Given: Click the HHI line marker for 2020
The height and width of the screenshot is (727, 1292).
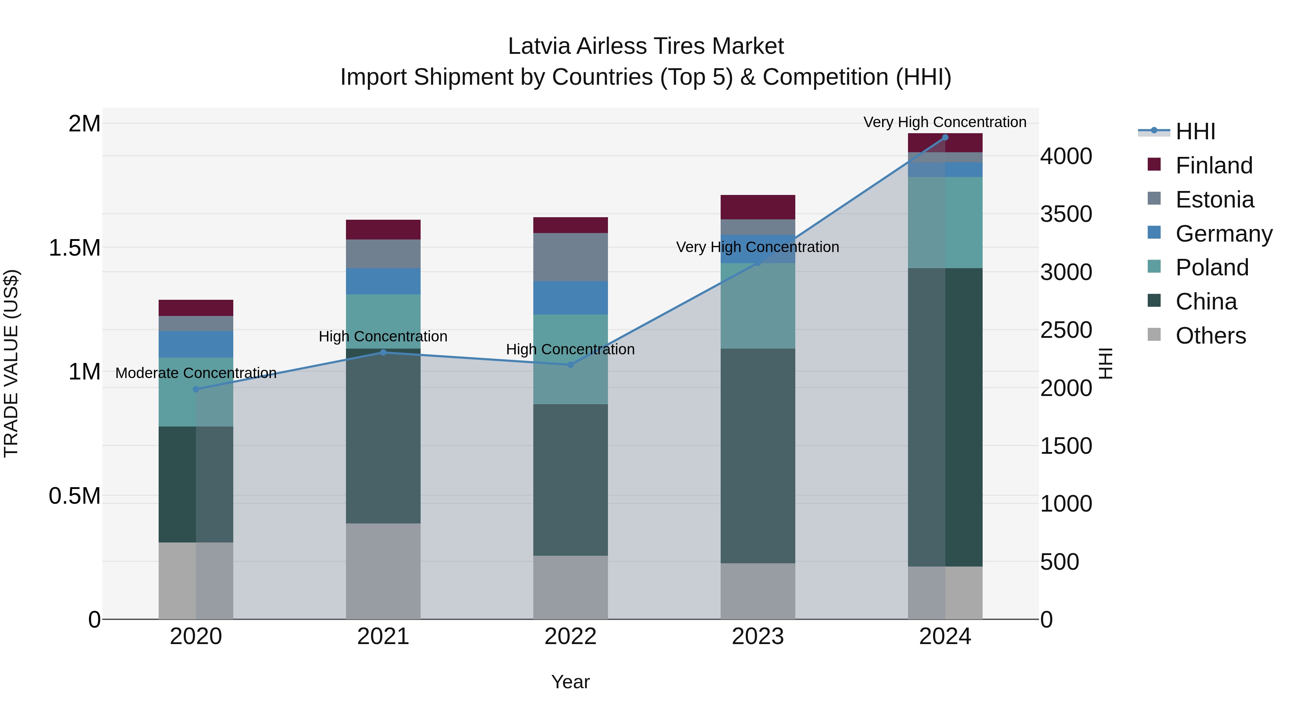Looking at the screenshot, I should [x=196, y=389].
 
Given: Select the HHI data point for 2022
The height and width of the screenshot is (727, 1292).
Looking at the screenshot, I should [x=570, y=365].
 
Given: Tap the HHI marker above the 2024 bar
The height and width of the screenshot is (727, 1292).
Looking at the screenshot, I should [x=945, y=137].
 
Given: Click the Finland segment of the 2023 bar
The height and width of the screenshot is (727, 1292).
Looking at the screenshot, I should [x=758, y=207].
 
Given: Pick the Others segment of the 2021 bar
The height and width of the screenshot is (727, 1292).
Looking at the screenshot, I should [x=383, y=571].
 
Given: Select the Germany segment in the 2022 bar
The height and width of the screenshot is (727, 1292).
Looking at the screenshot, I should [x=570, y=298].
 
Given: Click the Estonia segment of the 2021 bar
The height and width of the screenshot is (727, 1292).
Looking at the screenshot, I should [x=383, y=254].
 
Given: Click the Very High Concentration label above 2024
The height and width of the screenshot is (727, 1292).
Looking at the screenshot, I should [x=945, y=122].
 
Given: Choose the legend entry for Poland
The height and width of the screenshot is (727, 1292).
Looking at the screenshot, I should [x=1211, y=267].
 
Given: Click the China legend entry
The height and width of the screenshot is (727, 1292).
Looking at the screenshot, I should [x=1206, y=302].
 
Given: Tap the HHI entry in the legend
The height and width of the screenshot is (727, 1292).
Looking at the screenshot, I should [x=1195, y=131].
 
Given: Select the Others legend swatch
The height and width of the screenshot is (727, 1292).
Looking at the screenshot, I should [x=1154, y=335].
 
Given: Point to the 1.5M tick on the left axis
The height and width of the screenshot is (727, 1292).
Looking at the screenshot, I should [x=75, y=248].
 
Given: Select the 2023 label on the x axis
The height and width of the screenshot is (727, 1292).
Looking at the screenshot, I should [x=758, y=637].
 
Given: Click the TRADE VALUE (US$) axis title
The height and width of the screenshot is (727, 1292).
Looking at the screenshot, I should [x=11, y=363].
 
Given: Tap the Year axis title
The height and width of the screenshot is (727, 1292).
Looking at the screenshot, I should [x=570, y=682].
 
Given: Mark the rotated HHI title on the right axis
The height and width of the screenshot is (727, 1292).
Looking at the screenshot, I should [x=1105, y=363].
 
